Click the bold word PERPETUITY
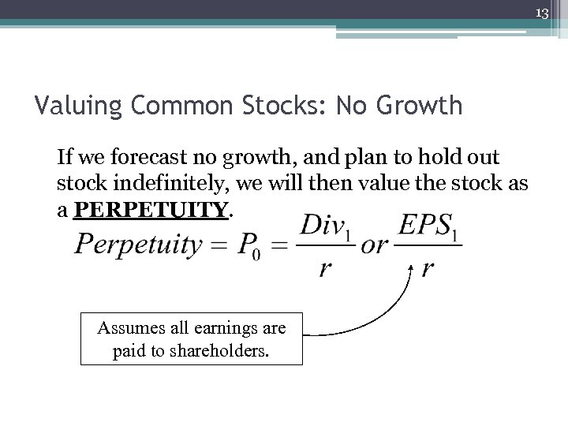(150, 210)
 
